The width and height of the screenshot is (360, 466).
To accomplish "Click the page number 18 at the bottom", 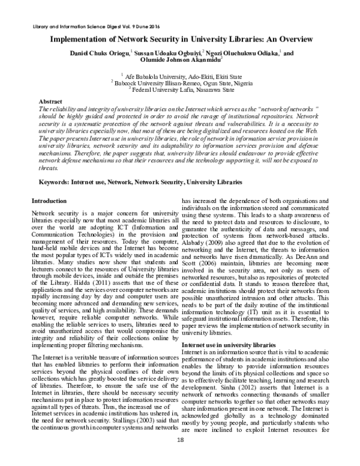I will click(x=180, y=456).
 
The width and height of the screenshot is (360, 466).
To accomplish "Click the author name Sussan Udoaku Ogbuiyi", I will click(x=167, y=53).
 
